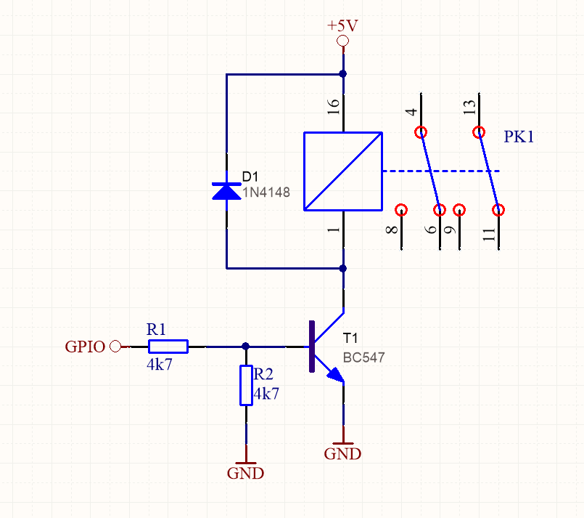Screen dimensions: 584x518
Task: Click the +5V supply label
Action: click(342, 25)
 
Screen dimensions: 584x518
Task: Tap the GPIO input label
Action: click(86, 347)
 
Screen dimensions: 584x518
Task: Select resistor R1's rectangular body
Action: click(168, 347)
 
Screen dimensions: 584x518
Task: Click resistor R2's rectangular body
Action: click(246, 385)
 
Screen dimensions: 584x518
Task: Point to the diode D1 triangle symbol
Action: click(226, 192)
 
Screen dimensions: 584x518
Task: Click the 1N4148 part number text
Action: click(266, 193)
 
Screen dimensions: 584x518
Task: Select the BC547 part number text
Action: click(363, 357)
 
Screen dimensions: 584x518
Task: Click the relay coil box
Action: click(343, 171)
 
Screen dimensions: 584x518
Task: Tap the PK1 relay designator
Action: click(519, 137)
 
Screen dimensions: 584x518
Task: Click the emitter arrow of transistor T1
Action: click(336, 375)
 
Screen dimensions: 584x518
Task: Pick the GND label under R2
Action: click(245, 473)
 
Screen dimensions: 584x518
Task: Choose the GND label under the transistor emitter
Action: click(342, 454)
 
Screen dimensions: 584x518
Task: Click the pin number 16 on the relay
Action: click(333, 107)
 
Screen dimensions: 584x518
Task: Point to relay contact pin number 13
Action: click(469, 108)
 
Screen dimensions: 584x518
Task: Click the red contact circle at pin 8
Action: click(401, 209)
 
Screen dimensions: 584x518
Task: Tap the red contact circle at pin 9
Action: click(459, 210)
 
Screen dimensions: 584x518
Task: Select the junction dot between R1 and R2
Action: click(245, 347)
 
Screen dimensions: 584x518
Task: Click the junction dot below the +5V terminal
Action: click(343, 74)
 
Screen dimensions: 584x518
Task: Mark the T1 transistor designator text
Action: click(350, 339)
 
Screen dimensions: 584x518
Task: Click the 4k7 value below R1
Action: click(160, 365)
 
